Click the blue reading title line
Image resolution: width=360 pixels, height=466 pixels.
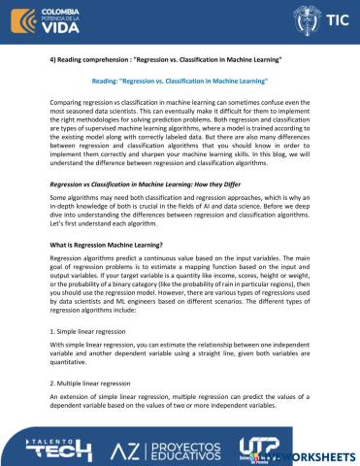click(179, 84)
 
